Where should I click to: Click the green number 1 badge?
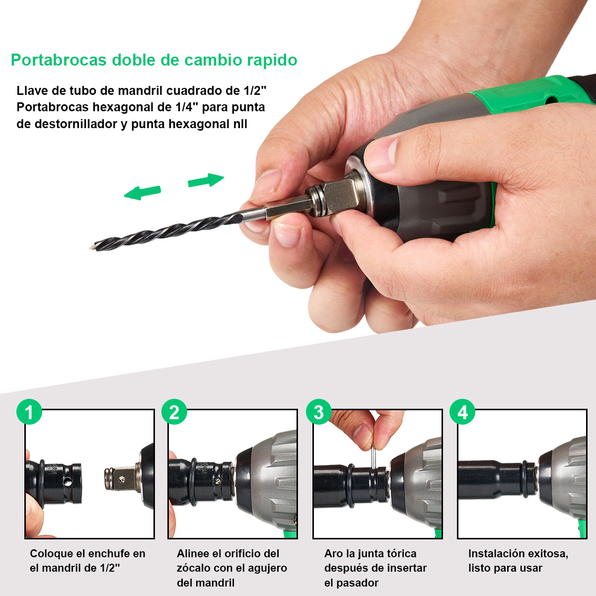pyautogui.click(x=29, y=412)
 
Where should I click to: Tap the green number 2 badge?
pyautogui.click(x=174, y=412)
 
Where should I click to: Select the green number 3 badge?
pyautogui.click(x=318, y=412)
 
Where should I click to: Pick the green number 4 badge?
pyautogui.click(x=462, y=412)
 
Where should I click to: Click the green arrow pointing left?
pyautogui.click(x=142, y=192)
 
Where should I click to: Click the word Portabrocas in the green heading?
pyautogui.click(x=59, y=60)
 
